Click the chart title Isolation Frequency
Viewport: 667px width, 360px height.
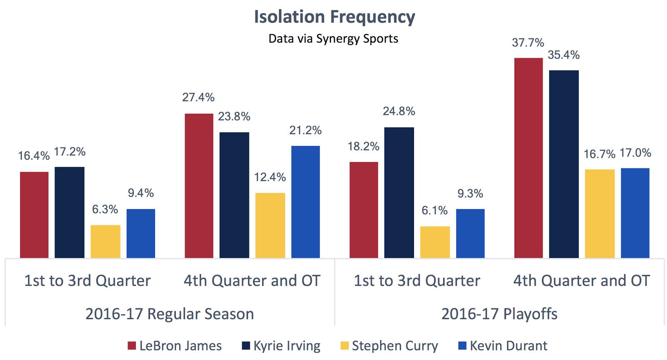334,17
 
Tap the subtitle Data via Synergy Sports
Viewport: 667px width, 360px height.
333,39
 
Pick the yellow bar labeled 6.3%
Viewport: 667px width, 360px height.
105,241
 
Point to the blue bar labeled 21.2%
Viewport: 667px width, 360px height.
305,202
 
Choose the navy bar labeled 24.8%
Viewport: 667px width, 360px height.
399,192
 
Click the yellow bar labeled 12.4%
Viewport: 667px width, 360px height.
270,225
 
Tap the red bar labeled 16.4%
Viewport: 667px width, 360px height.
34,215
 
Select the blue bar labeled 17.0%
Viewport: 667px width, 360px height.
635,213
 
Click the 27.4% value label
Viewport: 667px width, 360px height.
198,97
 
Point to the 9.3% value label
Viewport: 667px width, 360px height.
470,194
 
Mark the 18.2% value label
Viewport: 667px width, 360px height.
364,147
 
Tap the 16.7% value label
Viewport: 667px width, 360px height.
599,155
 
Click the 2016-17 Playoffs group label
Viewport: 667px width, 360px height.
499,314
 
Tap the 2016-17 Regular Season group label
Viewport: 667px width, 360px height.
170,314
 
